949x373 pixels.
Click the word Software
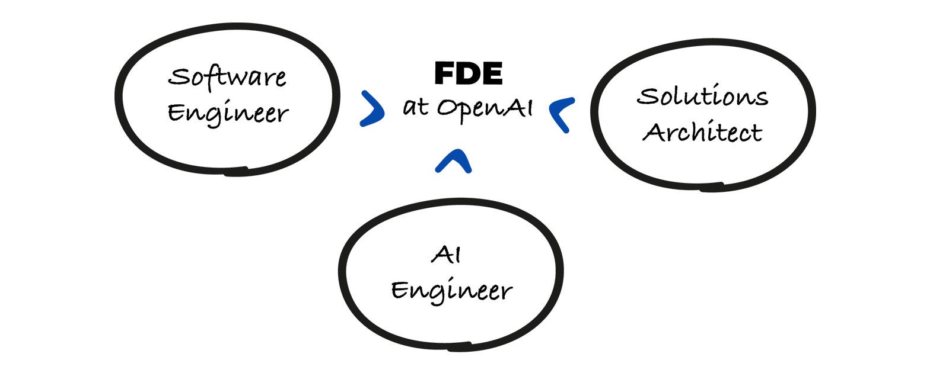click(227, 77)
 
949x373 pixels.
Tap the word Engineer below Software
click(228, 113)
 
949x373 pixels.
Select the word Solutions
click(702, 96)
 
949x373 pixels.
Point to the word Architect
click(702, 132)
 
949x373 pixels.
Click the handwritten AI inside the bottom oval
click(446, 255)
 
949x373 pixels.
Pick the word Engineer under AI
click(451, 291)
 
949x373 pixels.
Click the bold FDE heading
click(468, 74)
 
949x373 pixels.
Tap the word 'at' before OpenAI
click(415, 107)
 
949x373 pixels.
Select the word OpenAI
click(485, 108)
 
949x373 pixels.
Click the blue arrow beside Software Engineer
click(372, 109)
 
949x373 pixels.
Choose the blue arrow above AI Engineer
click(453, 161)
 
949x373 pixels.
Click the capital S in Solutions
click(646, 96)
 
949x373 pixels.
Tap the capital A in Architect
click(653, 133)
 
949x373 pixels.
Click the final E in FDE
click(492, 74)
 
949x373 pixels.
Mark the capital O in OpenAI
click(447, 108)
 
